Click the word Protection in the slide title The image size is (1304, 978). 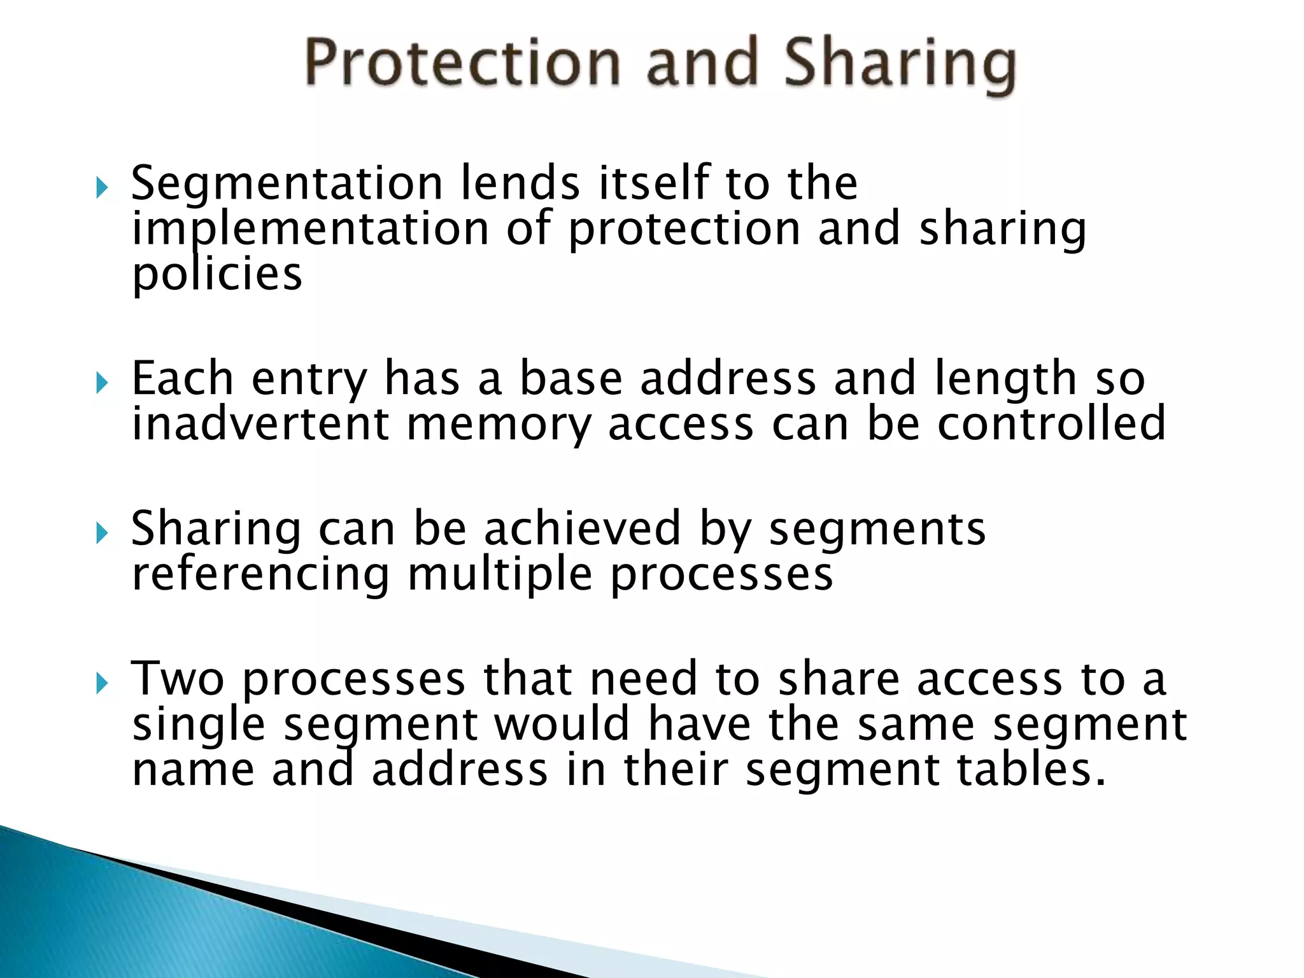462,62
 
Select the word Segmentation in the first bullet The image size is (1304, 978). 287,183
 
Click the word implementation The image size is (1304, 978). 310,229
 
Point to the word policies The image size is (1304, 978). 216,274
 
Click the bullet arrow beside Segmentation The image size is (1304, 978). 102,188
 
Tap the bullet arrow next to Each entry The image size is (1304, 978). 102,383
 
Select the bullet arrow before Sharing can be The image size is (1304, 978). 102,533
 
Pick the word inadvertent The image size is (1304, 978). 260,424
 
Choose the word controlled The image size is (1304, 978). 1051,424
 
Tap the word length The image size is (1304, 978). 1007,379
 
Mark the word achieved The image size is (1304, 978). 582,528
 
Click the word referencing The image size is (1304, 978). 260,574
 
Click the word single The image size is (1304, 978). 198,725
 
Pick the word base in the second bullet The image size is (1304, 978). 570,379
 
